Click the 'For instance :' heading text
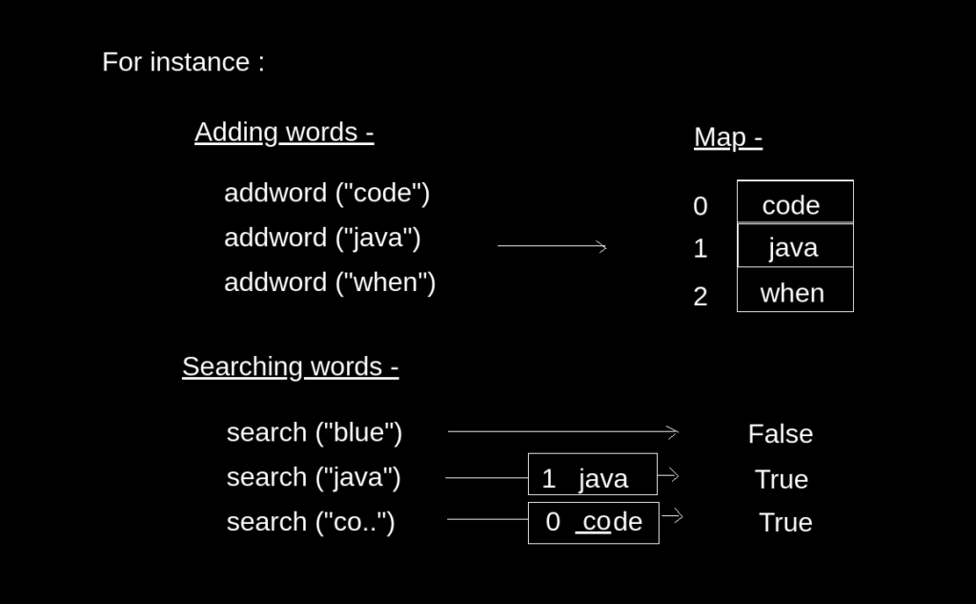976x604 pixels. (183, 62)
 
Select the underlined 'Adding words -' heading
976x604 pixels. (284, 132)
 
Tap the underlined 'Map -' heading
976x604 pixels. (727, 137)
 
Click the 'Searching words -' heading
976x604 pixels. (290, 366)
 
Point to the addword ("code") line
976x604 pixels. (327, 193)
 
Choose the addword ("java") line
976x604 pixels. (322, 238)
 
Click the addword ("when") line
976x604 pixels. (330, 282)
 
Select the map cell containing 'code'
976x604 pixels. (795, 202)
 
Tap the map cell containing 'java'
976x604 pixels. (795, 246)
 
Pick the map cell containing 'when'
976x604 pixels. (795, 291)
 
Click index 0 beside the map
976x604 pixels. (701, 206)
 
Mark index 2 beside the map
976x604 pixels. (701, 297)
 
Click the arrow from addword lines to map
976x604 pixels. (552, 246)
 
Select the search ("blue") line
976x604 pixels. (315, 432)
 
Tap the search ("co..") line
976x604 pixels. (311, 522)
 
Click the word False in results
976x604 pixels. (781, 434)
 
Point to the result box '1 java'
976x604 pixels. (593, 475)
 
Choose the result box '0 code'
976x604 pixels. (593, 522)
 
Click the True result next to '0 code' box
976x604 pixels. (785, 523)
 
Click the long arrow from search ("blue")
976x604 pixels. (562, 432)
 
